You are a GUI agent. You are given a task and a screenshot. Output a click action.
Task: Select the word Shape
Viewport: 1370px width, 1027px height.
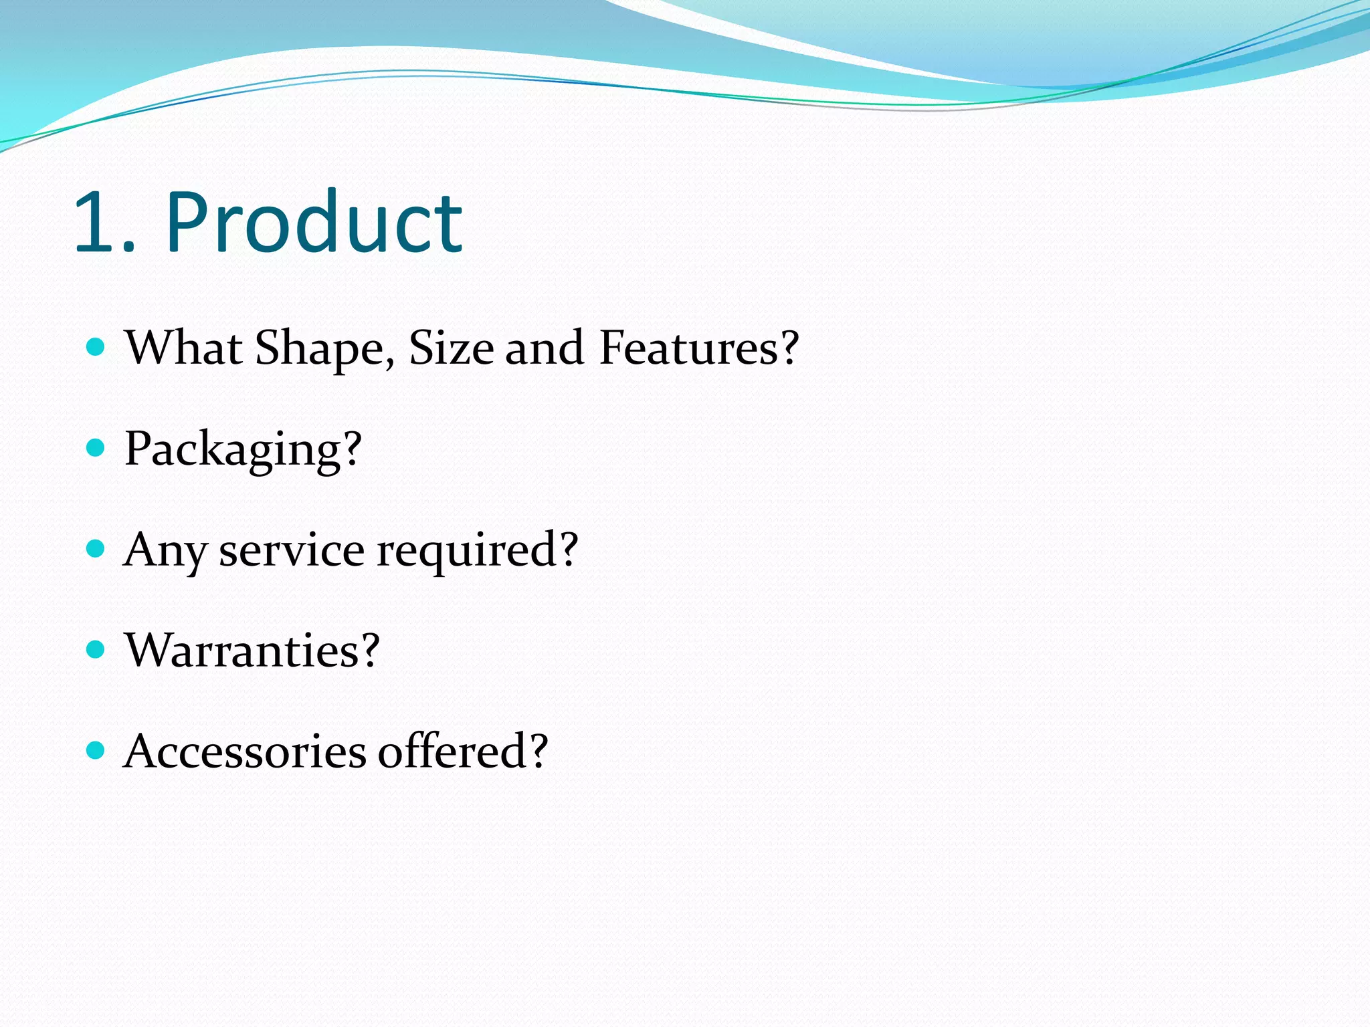click(x=320, y=349)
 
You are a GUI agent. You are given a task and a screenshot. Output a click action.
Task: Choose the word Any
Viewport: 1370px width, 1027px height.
click(x=165, y=551)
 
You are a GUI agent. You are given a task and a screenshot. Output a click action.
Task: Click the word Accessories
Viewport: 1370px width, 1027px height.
click(x=245, y=751)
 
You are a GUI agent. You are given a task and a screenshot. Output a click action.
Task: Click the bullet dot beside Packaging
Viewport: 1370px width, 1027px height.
click(x=96, y=447)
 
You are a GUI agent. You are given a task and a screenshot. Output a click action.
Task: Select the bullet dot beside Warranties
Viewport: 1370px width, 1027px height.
click(x=96, y=649)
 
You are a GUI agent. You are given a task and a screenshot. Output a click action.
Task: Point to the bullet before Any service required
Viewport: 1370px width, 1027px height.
click(x=96, y=549)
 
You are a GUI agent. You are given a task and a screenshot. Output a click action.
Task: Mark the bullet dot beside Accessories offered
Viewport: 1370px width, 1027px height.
click(x=96, y=750)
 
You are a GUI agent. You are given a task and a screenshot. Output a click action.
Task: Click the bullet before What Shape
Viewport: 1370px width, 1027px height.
click(x=96, y=346)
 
